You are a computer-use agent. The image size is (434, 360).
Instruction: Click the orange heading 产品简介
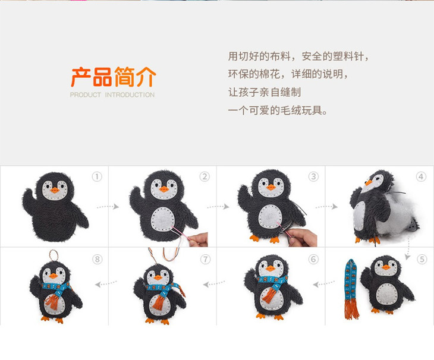pyautogui.click(x=114, y=77)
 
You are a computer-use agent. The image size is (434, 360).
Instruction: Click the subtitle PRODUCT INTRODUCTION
pyautogui.click(x=112, y=95)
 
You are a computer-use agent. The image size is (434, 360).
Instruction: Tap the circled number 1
pyautogui.click(x=97, y=176)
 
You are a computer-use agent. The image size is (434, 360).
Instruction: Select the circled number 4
pyautogui.click(x=421, y=176)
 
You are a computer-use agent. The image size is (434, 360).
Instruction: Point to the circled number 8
pyautogui.click(x=97, y=260)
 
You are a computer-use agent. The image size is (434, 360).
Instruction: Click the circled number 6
pyautogui.click(x=313, y=260)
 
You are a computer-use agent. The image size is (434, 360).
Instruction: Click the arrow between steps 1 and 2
pyautogui.click(x=108, y=207)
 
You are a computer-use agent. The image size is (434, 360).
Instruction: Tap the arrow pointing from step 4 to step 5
pyautogui.click(x=408, y=249)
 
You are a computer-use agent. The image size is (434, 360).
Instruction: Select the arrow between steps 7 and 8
pyautogui.click(x=106, y=283)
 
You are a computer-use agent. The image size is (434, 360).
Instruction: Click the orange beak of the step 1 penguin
pyautogui.click(x=55, y=190)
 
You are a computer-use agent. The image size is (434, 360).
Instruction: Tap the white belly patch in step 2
pyautogui.click(x=163, y=220)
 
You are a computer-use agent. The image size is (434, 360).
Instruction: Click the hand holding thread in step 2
pyautogui.click(x=199, y=240)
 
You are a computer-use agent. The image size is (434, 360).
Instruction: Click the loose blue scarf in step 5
pyautogui.click(x=351, y=289)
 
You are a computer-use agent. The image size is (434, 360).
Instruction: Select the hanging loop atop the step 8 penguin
pyautogui.click(x=54, y=255)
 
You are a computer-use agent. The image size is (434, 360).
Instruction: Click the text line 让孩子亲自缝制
pyautogui.click(x=265, y=92)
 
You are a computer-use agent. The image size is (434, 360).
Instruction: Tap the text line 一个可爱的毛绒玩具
pyautogui.click(x=278, y=110)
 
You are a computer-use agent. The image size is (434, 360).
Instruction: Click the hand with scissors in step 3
pyautogui.click(x=300, y=236)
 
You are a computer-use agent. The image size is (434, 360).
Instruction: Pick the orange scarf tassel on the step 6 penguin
pyautogui.click(x=269, y=295)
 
